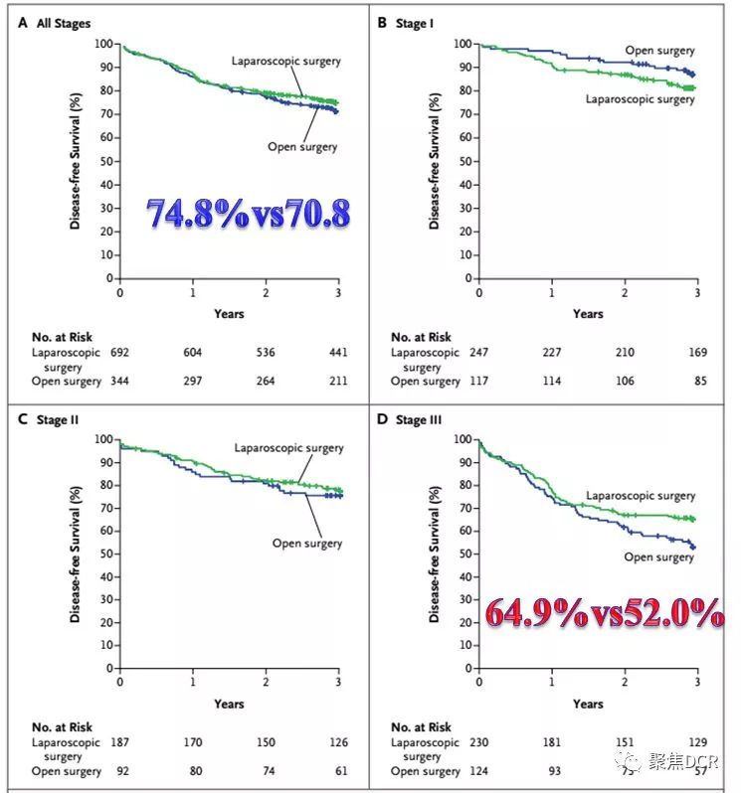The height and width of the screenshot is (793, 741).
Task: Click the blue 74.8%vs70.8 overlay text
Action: (248, 214)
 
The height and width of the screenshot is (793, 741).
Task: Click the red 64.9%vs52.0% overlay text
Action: (605, 613)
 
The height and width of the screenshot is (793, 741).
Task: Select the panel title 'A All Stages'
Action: (56, 22)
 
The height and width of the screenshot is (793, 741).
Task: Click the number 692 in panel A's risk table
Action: (120, 352)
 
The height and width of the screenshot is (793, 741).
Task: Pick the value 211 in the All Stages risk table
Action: (338, 381)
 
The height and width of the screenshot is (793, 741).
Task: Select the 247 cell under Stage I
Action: (479, 352)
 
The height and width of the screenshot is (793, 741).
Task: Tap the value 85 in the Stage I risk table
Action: (697, 381)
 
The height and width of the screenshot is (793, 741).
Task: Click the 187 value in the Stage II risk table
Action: (120, 742)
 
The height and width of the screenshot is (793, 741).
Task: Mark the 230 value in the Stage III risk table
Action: (479, 742)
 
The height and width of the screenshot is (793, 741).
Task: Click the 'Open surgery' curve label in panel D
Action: (658, 557)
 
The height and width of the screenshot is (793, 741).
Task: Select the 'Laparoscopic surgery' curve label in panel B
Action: (640, 99)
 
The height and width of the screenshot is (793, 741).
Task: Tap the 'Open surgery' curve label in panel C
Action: (307, 544)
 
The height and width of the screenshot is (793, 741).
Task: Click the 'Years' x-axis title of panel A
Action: (229, 314)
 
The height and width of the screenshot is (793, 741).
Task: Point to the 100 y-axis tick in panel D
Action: (463, 439)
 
